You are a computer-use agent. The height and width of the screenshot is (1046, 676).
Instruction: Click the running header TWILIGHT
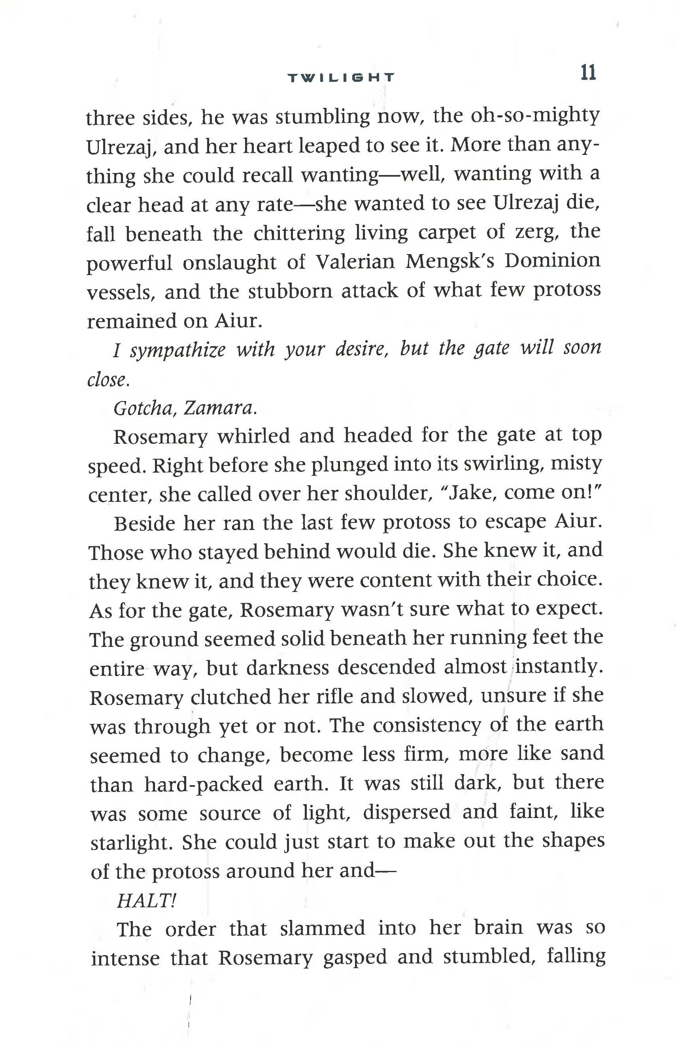[x=341, y=77]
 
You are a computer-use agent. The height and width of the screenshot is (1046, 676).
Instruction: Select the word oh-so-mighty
[x=535, y=116]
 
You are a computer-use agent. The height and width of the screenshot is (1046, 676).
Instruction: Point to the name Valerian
[x=355, y=262]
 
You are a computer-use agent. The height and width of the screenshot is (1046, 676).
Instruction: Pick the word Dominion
[x=552, y=261]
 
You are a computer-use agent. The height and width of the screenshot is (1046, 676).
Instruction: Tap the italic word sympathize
[x=178, y=350]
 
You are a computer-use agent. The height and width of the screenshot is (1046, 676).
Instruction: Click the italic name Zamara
[x=221, y=408]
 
